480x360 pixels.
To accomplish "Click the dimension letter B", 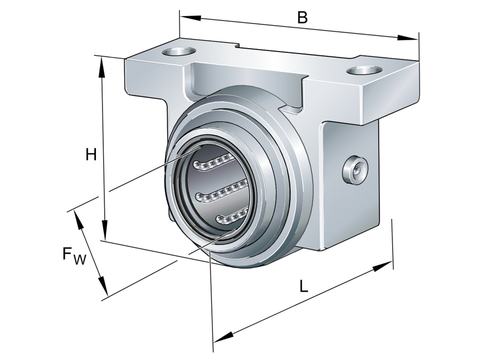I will pos(302,17).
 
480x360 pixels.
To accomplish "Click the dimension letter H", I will pos(91,155).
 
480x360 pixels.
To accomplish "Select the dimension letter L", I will pos(304,287).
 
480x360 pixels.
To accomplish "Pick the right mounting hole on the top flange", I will pos(364,71).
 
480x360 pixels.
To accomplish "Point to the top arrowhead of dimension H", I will pos(103,66).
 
